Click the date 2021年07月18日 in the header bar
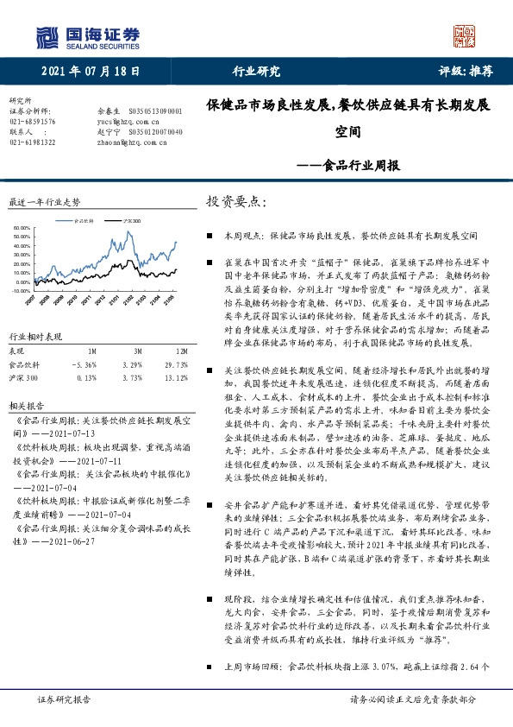pyautogui.click(x=90, y=73)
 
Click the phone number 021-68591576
pyautogui.click(x=32, y=123)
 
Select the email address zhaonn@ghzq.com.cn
pyautogui.click(x=129, y=142)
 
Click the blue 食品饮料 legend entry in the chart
pyautogui.click(x=84, y=221)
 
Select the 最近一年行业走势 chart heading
pyautogui.click(x=43, y=202)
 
